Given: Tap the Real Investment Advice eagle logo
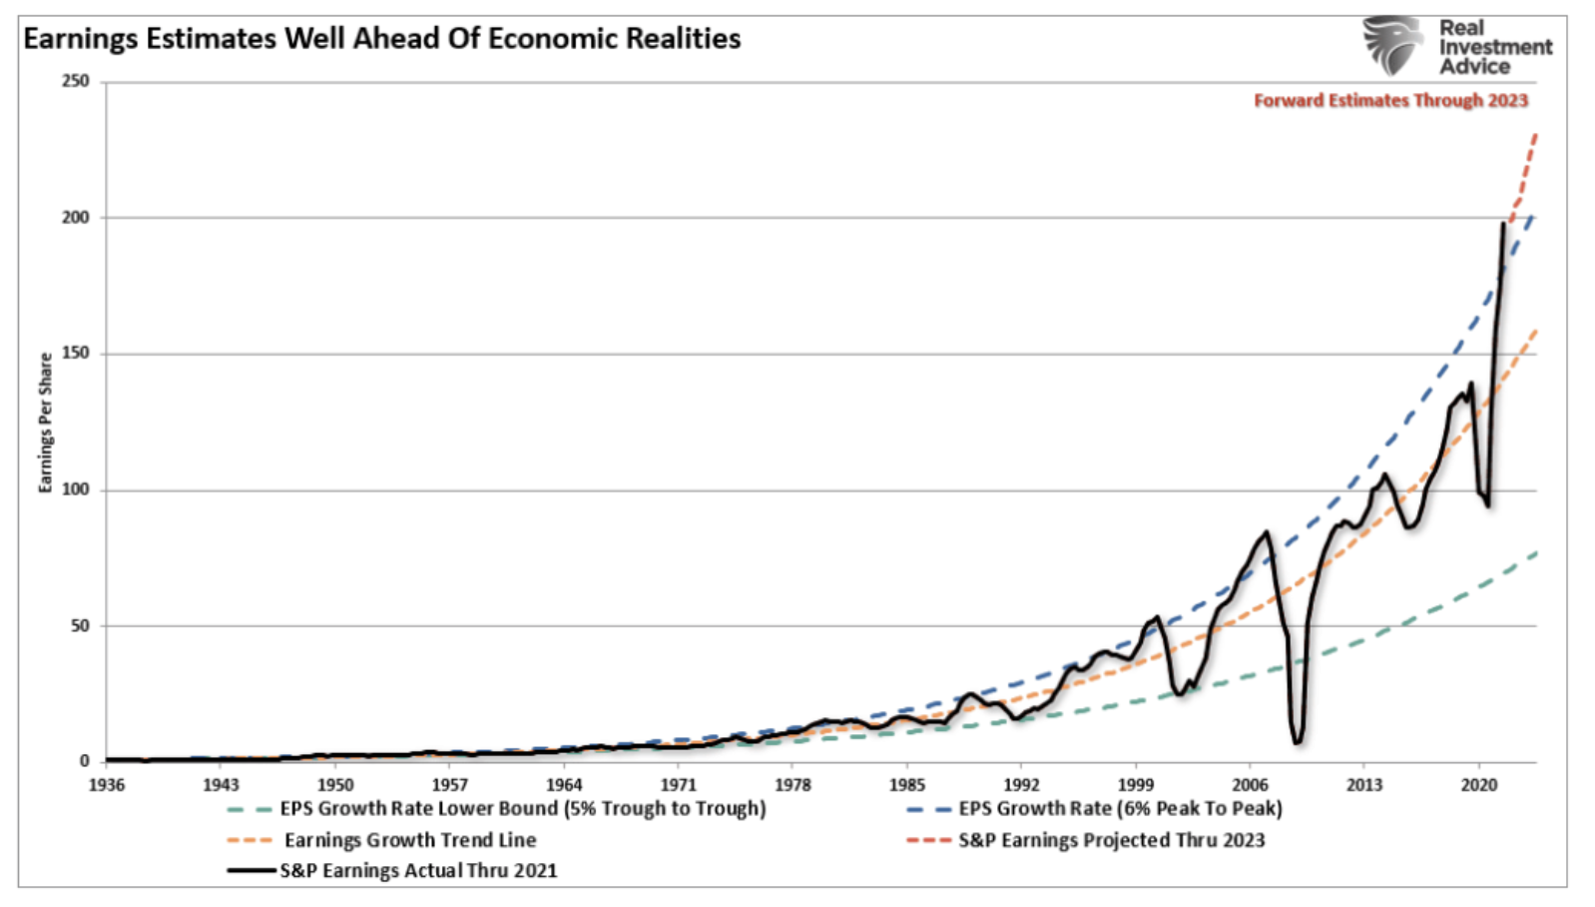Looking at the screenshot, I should coord(1393,45).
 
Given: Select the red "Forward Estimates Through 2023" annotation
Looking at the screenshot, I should coord(1390,100).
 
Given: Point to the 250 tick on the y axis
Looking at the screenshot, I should coord(76,81).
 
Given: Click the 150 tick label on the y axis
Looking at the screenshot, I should coord(76,354).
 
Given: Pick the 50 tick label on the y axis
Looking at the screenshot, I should coord(80,626).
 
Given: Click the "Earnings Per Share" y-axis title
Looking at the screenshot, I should coord(45,423).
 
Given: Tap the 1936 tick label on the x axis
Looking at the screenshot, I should coord(107,785).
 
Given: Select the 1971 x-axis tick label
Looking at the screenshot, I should coord(679,785).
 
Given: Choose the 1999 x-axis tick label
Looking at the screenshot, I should coord(1136,785).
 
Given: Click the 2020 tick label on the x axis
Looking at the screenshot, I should coord(1479,785).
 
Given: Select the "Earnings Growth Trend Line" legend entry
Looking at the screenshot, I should coord(410,840).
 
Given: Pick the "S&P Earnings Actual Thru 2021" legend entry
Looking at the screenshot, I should coord(418,871).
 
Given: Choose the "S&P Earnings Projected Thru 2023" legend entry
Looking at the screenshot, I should coord(1111,840).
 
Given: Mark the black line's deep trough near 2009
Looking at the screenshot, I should coord(1297,742).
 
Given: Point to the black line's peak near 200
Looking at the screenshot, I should coord(1504,224).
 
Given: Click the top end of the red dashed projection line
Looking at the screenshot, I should coord(1535,134).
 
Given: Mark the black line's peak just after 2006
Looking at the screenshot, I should coord(1267,532).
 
